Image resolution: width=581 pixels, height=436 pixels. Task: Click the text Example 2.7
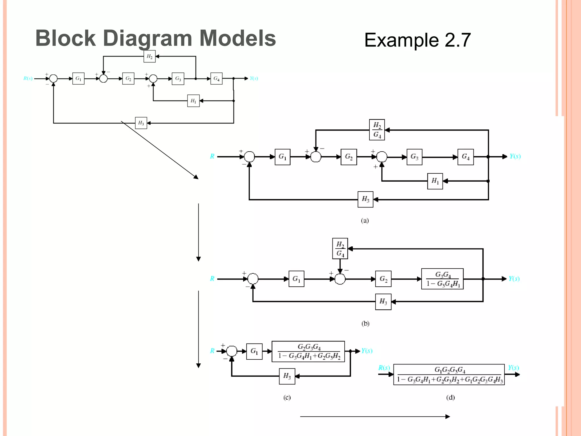[417, 40]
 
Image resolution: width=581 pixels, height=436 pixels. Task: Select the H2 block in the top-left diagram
[150, 56]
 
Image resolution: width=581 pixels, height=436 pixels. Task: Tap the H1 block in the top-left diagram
[193, 101]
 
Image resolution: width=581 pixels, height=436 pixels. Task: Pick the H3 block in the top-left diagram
[141, 123]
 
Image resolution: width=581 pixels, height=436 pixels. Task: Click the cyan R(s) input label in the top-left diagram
[28, 78]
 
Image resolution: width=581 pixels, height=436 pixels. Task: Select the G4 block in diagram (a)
[466, 157]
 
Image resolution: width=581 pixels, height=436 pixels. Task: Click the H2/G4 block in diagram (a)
[377, 130]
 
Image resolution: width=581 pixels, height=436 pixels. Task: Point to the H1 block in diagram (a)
[435, 181]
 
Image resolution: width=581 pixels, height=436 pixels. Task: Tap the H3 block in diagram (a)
[365, 199]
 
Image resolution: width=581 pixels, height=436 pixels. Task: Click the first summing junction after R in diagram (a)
[249, 157]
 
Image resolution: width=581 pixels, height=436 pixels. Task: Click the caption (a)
[365, 221]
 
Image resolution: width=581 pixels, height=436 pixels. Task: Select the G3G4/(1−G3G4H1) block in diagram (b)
[442, 279]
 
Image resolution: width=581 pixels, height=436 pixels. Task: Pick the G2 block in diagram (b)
[383, 279]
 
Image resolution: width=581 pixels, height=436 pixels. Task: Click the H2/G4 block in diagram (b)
[340, 249]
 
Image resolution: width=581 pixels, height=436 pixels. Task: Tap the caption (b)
[365, 324]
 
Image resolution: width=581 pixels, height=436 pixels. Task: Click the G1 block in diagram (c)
[254, 351]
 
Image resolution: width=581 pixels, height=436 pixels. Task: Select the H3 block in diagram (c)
[287, 376]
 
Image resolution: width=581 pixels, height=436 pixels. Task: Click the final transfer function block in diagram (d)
[449, 375]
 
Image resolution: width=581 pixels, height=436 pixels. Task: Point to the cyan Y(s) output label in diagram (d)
[513, 368]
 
